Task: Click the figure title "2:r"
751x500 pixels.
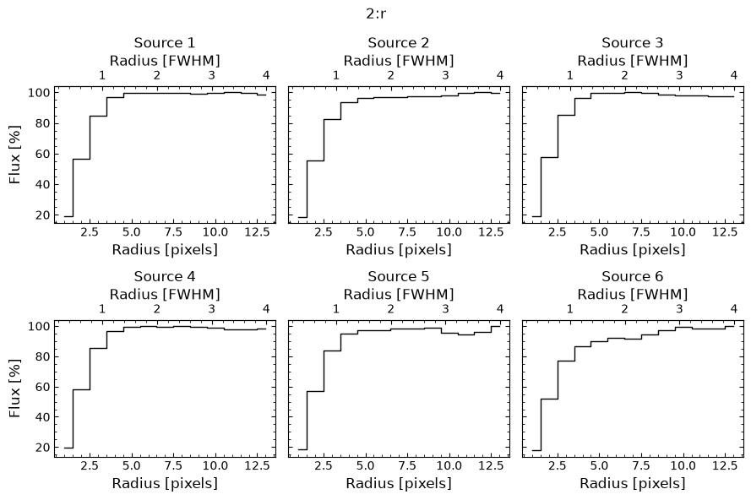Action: point(376,14)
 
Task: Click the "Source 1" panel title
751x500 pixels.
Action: point(165,42)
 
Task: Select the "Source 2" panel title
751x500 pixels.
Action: point(399,42)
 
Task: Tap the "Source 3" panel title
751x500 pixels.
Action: point(632,42)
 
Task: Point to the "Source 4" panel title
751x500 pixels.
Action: point(165,276)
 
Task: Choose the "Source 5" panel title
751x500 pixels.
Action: point(399,276)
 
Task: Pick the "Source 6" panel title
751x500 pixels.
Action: point(632,276)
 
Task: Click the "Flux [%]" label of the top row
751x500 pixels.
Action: point(15,155)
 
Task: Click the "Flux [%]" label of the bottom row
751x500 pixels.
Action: point(15,389)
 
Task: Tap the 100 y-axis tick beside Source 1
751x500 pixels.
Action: point(39,93)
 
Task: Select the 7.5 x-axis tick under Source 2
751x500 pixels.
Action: point(407,232)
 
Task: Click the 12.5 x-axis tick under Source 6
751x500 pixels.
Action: point(725,466)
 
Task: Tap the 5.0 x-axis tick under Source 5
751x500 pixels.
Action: point(365,466)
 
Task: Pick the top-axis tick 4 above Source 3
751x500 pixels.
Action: point(734,75)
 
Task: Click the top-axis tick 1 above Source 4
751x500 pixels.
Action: point(102,309)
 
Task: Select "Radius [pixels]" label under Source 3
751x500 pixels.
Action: point(632,249)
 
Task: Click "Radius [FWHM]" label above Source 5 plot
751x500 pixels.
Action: point(399,294)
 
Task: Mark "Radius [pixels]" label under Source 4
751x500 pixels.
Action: point(165,483)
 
